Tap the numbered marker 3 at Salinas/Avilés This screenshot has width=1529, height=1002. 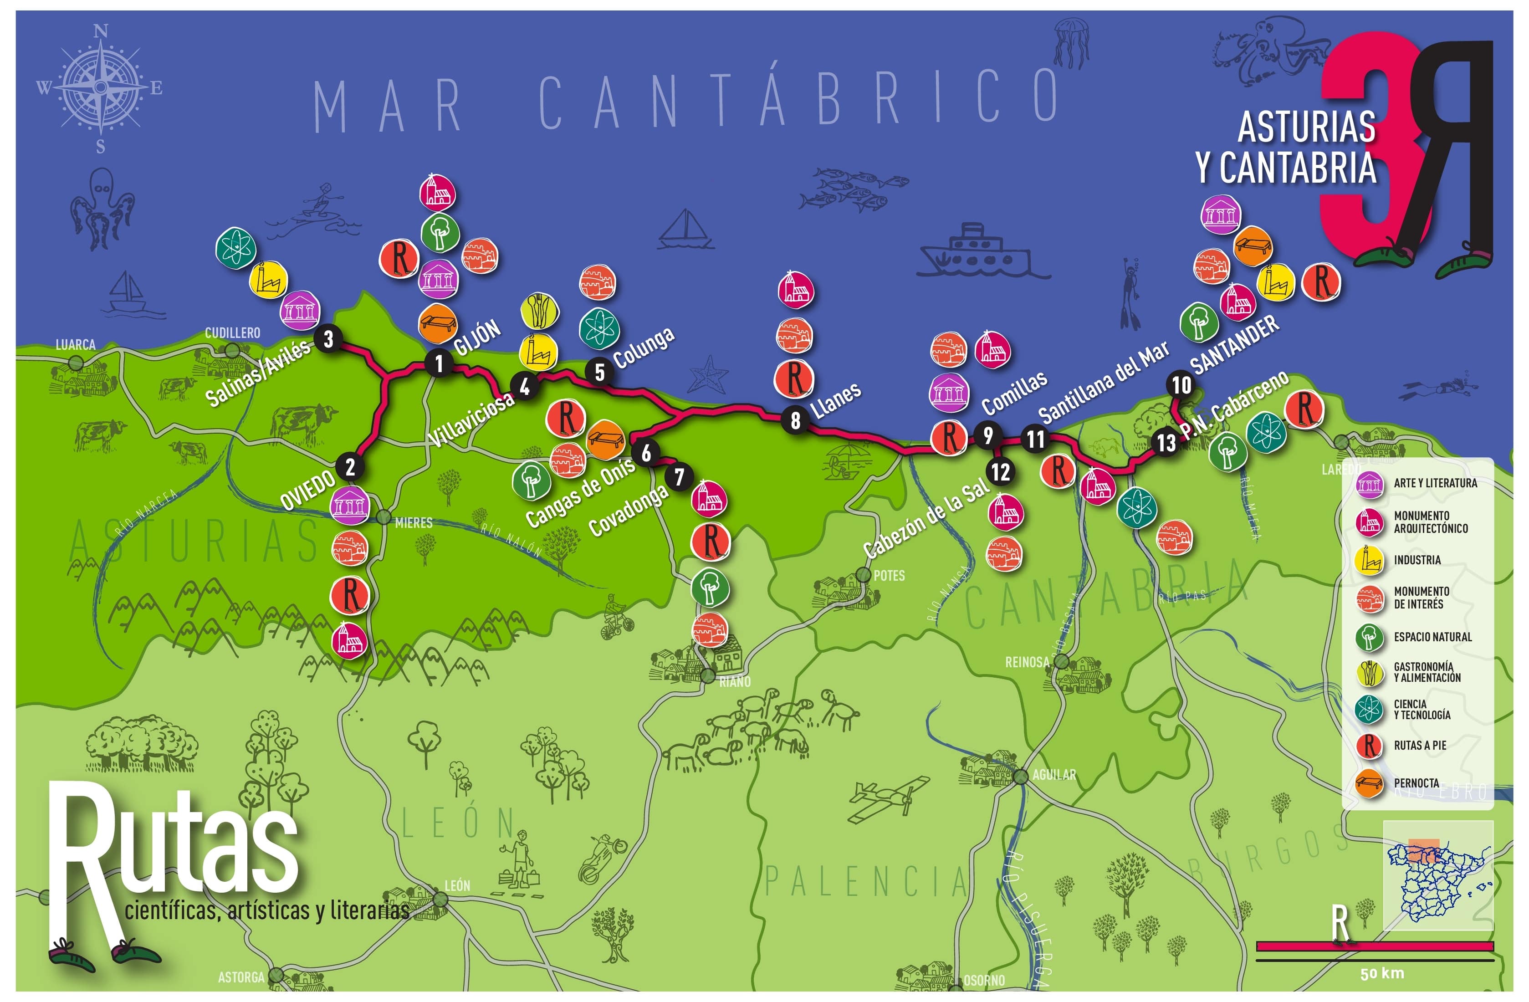point(328,338)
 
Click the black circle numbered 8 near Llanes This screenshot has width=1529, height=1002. point(795,421)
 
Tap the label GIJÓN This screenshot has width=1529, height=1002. point(477,337)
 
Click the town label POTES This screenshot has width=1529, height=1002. point(889,576)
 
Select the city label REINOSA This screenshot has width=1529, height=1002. point(1027,662)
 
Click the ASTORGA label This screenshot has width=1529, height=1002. point(241,977)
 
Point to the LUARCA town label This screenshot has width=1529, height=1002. point(75,345)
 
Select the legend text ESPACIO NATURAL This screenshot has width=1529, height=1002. point(1432,637)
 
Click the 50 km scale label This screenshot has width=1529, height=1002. point(1381,974)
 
